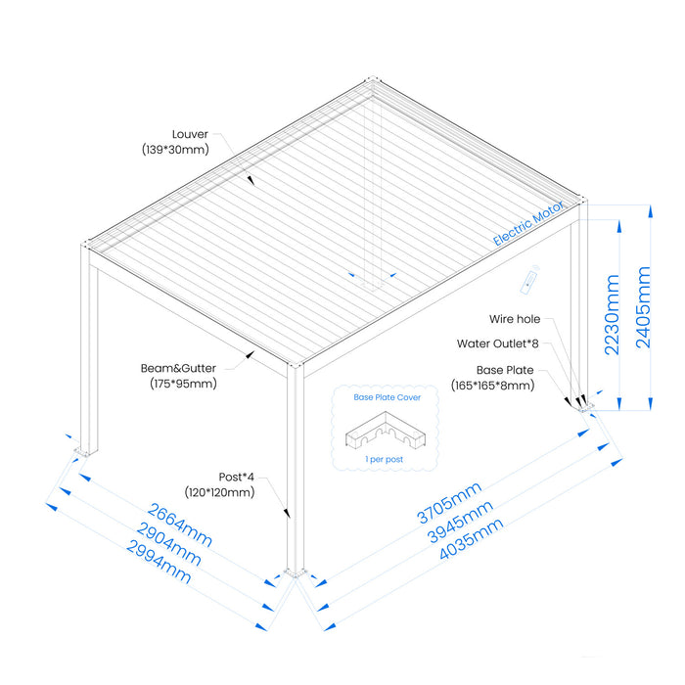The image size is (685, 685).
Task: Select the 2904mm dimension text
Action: click(170, 543)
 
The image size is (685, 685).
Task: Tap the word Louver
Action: click(191, 134)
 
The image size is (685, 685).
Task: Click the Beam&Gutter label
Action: click(179, 368)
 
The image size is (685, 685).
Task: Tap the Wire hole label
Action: click(515, 319)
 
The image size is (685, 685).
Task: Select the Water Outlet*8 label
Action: click(498, 343)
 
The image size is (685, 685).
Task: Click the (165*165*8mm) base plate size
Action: click(493, 386)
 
